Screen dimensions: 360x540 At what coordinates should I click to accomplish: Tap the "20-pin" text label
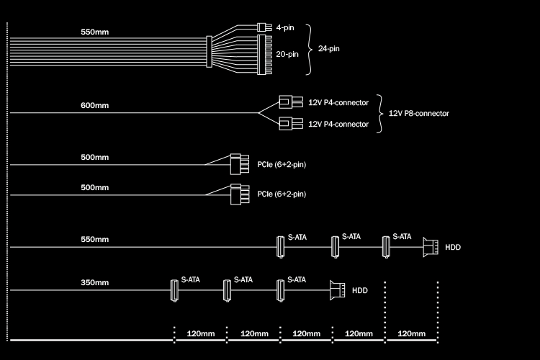click(287, 53)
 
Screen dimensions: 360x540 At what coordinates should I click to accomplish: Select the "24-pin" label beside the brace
click(329, 49)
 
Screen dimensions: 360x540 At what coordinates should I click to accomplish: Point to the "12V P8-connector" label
click(418, 113)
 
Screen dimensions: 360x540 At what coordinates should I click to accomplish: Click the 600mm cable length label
click(95, 106)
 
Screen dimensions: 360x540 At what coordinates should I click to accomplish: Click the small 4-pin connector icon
click(263, 28)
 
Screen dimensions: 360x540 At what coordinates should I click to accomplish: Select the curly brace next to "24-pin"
click(310, 49)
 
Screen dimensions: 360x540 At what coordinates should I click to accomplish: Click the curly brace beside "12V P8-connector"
click(379, 113)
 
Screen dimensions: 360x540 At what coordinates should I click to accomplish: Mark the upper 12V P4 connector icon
click(291, 102)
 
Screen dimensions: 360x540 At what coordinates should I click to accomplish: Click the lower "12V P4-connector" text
click(338, 125)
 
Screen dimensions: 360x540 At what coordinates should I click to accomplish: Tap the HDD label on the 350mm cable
click(360, 291)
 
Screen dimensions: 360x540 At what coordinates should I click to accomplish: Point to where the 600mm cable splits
click(258, 113)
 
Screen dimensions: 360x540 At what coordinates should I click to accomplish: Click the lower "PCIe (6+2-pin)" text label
click(282, 194)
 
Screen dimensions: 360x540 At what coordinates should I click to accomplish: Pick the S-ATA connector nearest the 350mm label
click(174, 290)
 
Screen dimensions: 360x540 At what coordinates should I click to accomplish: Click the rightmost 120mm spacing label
click(412, 333)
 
